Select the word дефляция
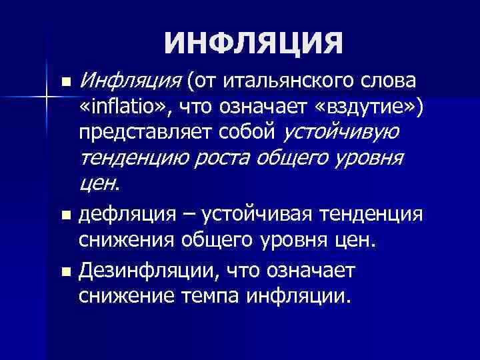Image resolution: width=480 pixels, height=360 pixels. pos(124,215)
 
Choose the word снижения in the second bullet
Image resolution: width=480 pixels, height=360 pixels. pos(124,239)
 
